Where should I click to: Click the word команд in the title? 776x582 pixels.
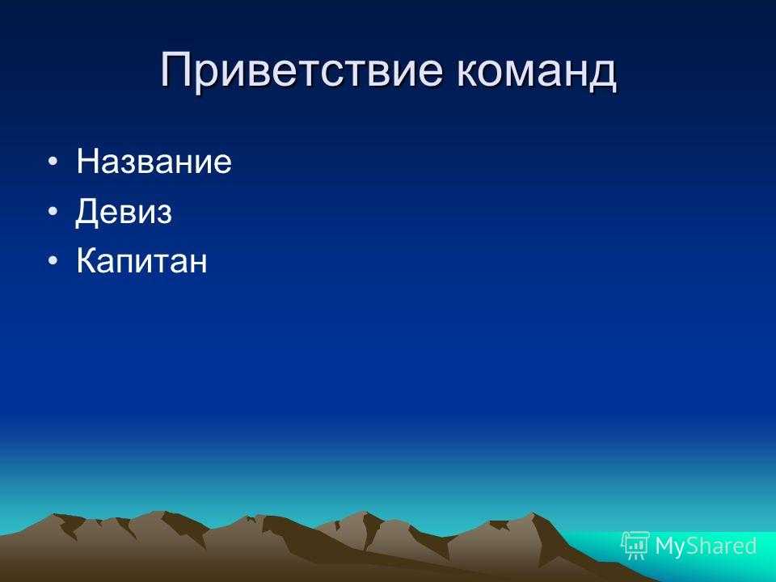tap(537, 70)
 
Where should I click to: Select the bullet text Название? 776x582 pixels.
tap(154, 162)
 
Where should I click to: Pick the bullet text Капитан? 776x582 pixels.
tap(141, 260)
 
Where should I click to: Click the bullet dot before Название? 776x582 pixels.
tap(53, 162)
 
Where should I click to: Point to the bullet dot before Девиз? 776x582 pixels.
tap(53, 211)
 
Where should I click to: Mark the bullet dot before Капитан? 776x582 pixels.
tap(53, 261)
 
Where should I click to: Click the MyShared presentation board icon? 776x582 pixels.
tap(635, 546)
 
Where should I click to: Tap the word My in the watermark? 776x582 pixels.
tap(669, 546)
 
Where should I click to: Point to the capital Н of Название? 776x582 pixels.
tap(87, 162)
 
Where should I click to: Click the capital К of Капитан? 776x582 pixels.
tap(86, 260)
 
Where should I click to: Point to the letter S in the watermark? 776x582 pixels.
tap(693, 546)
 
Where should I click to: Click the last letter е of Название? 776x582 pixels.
tap(223, 165)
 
